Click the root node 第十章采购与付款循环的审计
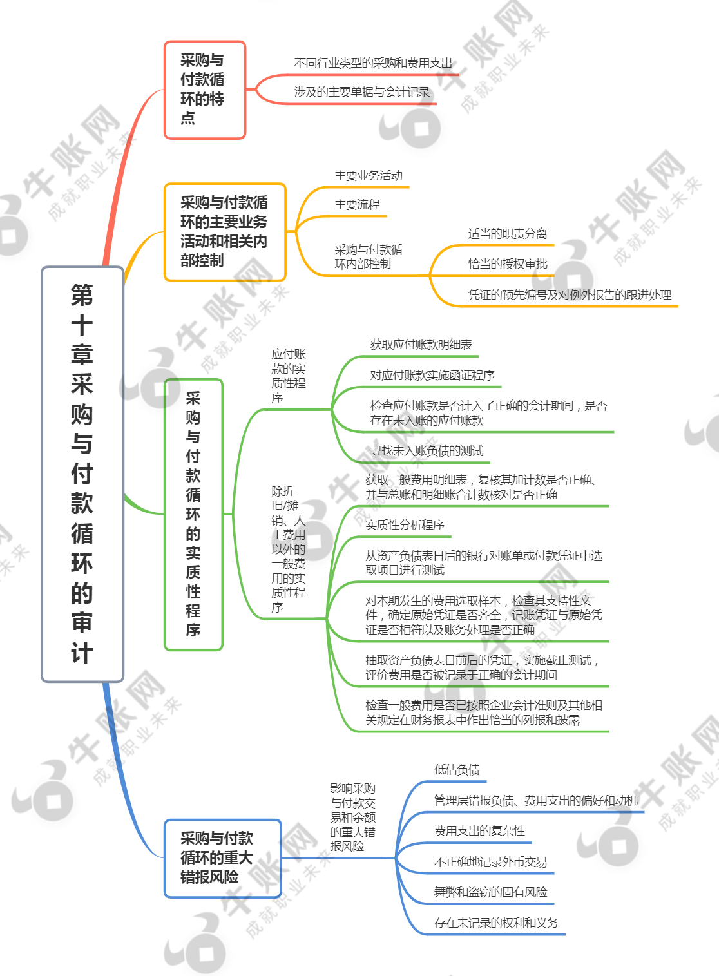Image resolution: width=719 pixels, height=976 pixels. pyautogui.click(x=82, y=474)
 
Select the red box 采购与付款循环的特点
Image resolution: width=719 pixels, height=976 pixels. pyautogui.click(x=205, y=90)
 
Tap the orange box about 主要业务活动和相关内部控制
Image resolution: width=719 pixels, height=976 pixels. pyautogui.click(x=225, y=232)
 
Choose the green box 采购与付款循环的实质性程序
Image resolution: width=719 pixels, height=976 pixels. pyautogui.click(x=193, y=515)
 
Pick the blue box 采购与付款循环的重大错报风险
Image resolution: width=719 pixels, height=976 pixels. pyautogui.click(x=223, y=858)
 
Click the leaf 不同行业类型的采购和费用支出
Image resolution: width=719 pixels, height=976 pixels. pyautogui.click(x=373, y=64)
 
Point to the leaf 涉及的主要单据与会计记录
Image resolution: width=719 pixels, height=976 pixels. pyautogui.click(x=361, y=92)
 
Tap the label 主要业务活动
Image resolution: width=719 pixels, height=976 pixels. pyautogui.click(x=369, y=176)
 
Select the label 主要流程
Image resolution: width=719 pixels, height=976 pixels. pyautogui.click(x=357, y=205)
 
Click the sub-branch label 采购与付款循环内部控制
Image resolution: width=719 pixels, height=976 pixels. pyautogui.click(x=369, y=256)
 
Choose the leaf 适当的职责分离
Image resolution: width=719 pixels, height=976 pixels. pyautogui.click(x=508, y=234)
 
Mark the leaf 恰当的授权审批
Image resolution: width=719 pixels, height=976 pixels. pyautogui.click(x=508, y=264)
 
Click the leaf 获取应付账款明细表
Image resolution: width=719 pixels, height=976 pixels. pyautogui.click(x=421, y=345)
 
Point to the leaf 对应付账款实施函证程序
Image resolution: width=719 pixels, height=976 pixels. pyautogui.click(x=432, y=376)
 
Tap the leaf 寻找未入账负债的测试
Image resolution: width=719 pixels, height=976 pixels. pyautogui.click(x=427, y=451)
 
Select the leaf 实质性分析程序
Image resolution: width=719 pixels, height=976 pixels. pyautogui.click(x=405, y=525)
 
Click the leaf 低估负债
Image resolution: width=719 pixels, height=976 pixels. pyautogui.click(x=457, y=770)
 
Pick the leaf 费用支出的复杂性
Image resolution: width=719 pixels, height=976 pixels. pyautogui.click(x=479, y=831)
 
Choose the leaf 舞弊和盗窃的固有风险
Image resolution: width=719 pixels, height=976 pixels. pyautogui.click(x=491, y=892)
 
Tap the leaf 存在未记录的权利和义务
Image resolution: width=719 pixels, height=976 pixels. pyautogui.click(x=496, y=923)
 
